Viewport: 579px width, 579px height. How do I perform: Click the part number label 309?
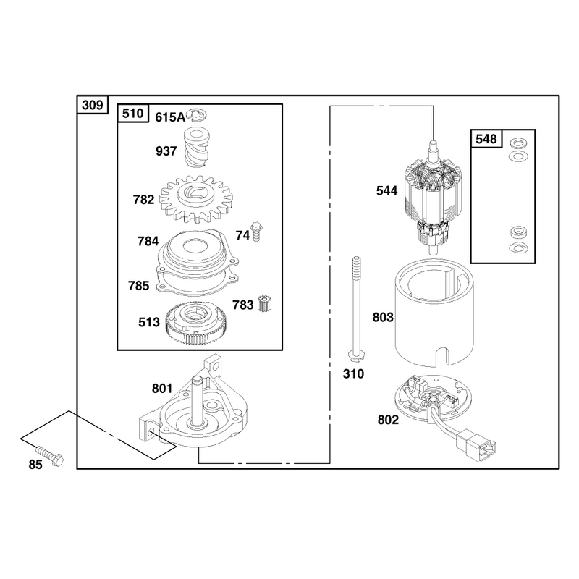pyautogui.click(x=93, y=105)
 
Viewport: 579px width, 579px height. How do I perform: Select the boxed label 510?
pyautogui.click(x=132, y=114)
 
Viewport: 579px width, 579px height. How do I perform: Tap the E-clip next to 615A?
pyautogui.click(x=196, y=115)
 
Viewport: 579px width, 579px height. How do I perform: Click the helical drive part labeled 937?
pyautogui.click(x=196, y=147)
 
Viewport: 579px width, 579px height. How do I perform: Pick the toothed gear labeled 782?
pyautogui.click(x=197, y=200)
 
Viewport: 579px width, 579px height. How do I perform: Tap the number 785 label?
pyautogui.click(x=138, y=286)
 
